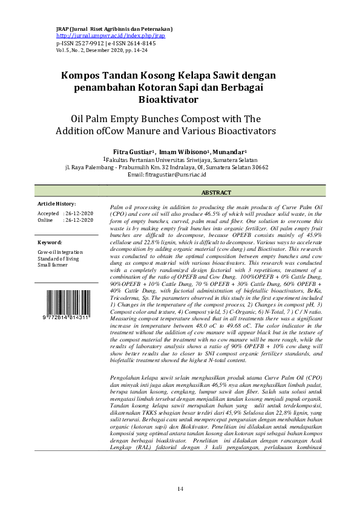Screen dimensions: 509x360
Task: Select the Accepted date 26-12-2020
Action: (x=78, y=214)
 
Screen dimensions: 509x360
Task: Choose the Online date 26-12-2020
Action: (x=78, y=221)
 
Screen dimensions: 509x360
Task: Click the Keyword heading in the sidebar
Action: (x=50, y=242)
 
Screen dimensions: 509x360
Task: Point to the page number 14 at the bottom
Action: (x=180, y=488)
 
